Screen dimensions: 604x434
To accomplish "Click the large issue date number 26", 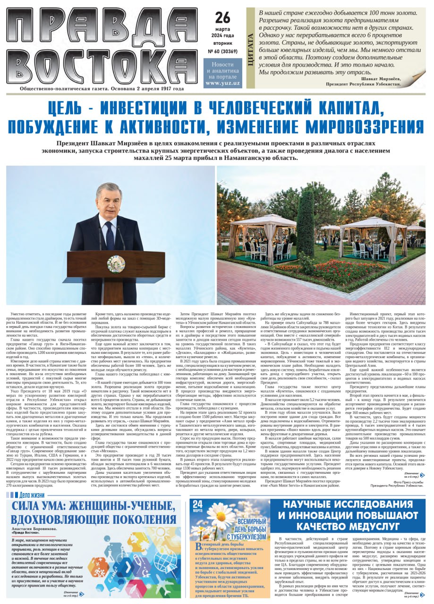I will (222, 17).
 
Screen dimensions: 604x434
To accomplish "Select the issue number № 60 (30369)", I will (222, 51).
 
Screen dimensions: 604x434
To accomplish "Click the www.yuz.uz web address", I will (222, 83).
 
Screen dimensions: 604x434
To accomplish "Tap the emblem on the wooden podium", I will (116, 263).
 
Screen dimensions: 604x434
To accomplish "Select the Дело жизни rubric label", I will (29, 495).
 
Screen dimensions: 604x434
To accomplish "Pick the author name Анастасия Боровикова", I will (36, 529).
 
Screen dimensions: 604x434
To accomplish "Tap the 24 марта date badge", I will (198, 505).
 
